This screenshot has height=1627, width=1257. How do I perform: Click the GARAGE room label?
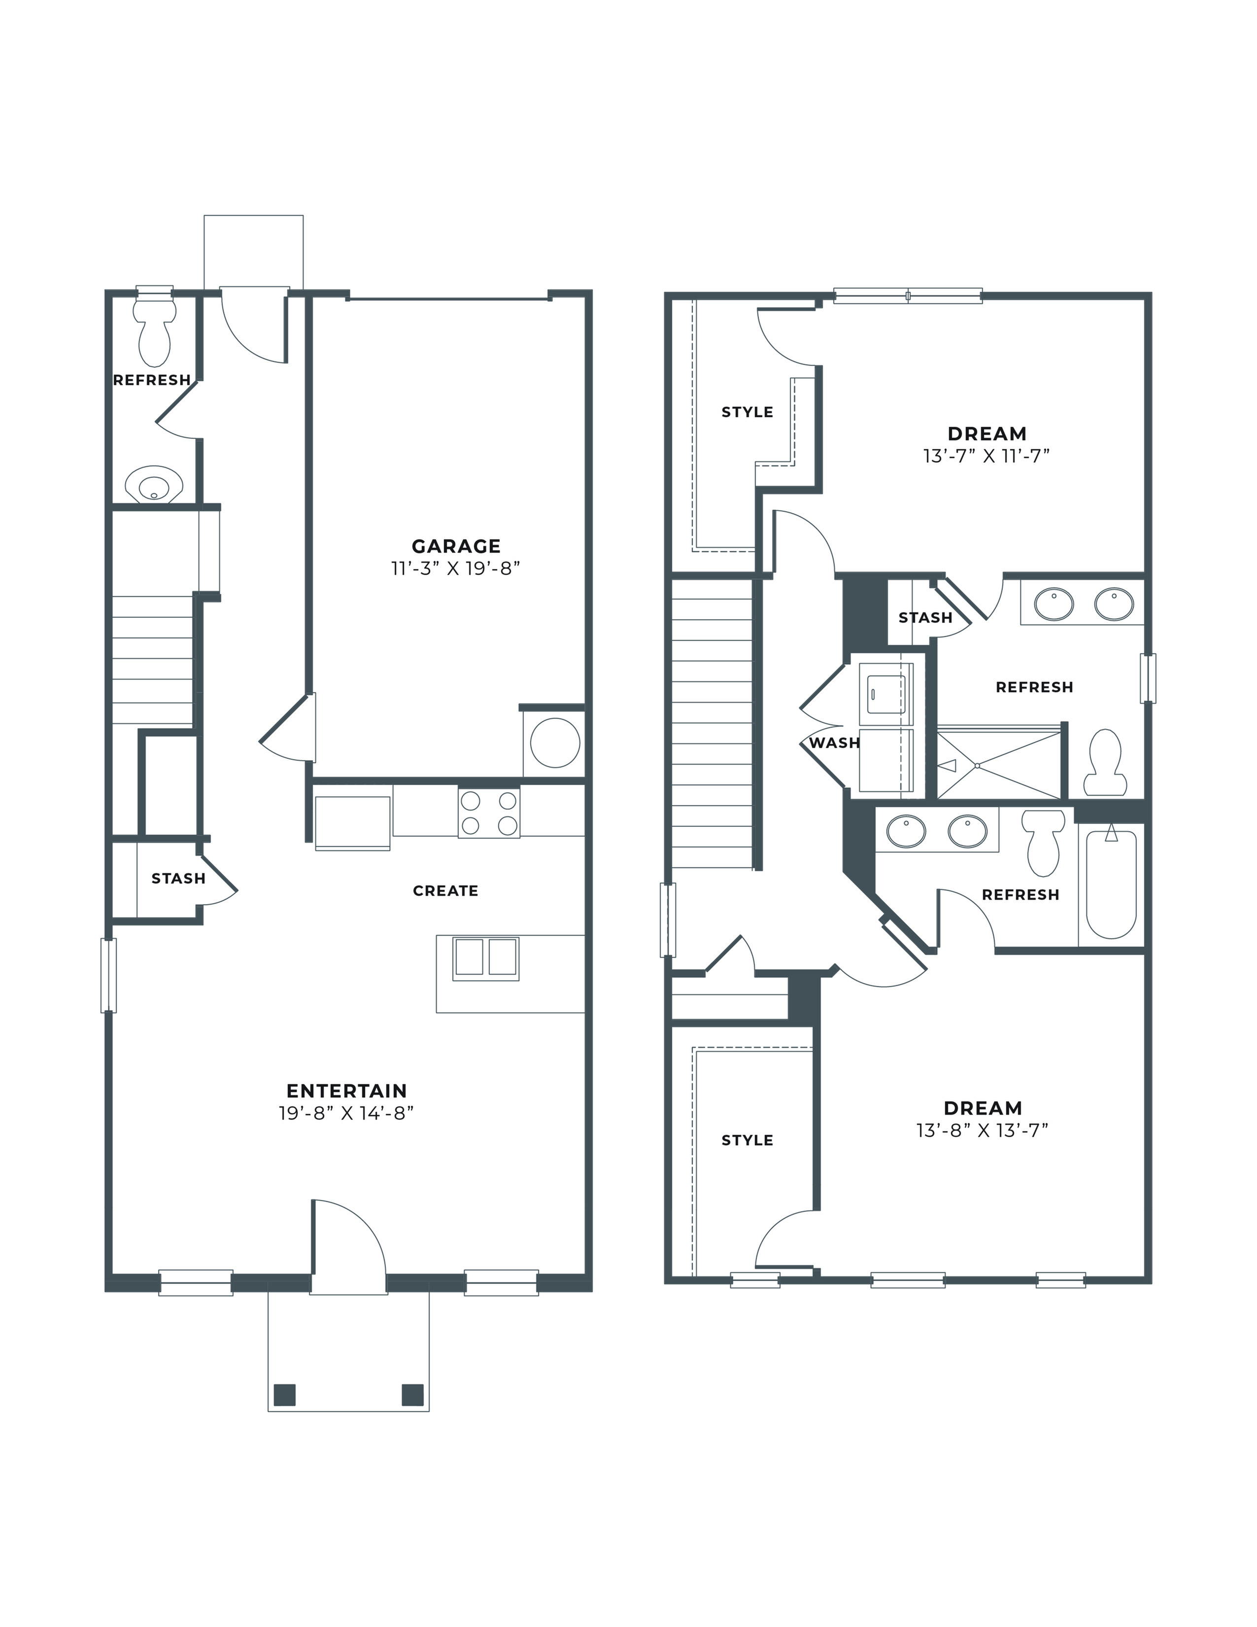pos(456,546)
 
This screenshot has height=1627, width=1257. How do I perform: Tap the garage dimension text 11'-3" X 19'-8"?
pos(455,568)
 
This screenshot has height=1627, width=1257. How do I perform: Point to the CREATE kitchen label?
pos(445,891)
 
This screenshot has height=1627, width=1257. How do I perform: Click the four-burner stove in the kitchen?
pos(488,813)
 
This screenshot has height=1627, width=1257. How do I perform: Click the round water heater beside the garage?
pos(555,742)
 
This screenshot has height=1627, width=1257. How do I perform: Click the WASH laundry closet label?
pos(834,743)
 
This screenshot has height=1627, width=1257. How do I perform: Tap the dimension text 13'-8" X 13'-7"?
pos(982,1130)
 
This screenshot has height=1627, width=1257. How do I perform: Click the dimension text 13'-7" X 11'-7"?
pos(986,456)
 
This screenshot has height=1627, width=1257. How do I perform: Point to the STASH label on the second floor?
pos(925,618)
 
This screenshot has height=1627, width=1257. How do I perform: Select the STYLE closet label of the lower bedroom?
pos(747,1140)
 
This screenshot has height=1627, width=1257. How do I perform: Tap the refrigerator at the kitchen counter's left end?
pos(352,822)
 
